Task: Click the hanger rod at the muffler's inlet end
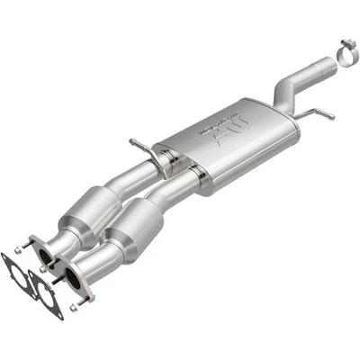pos(140,147)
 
